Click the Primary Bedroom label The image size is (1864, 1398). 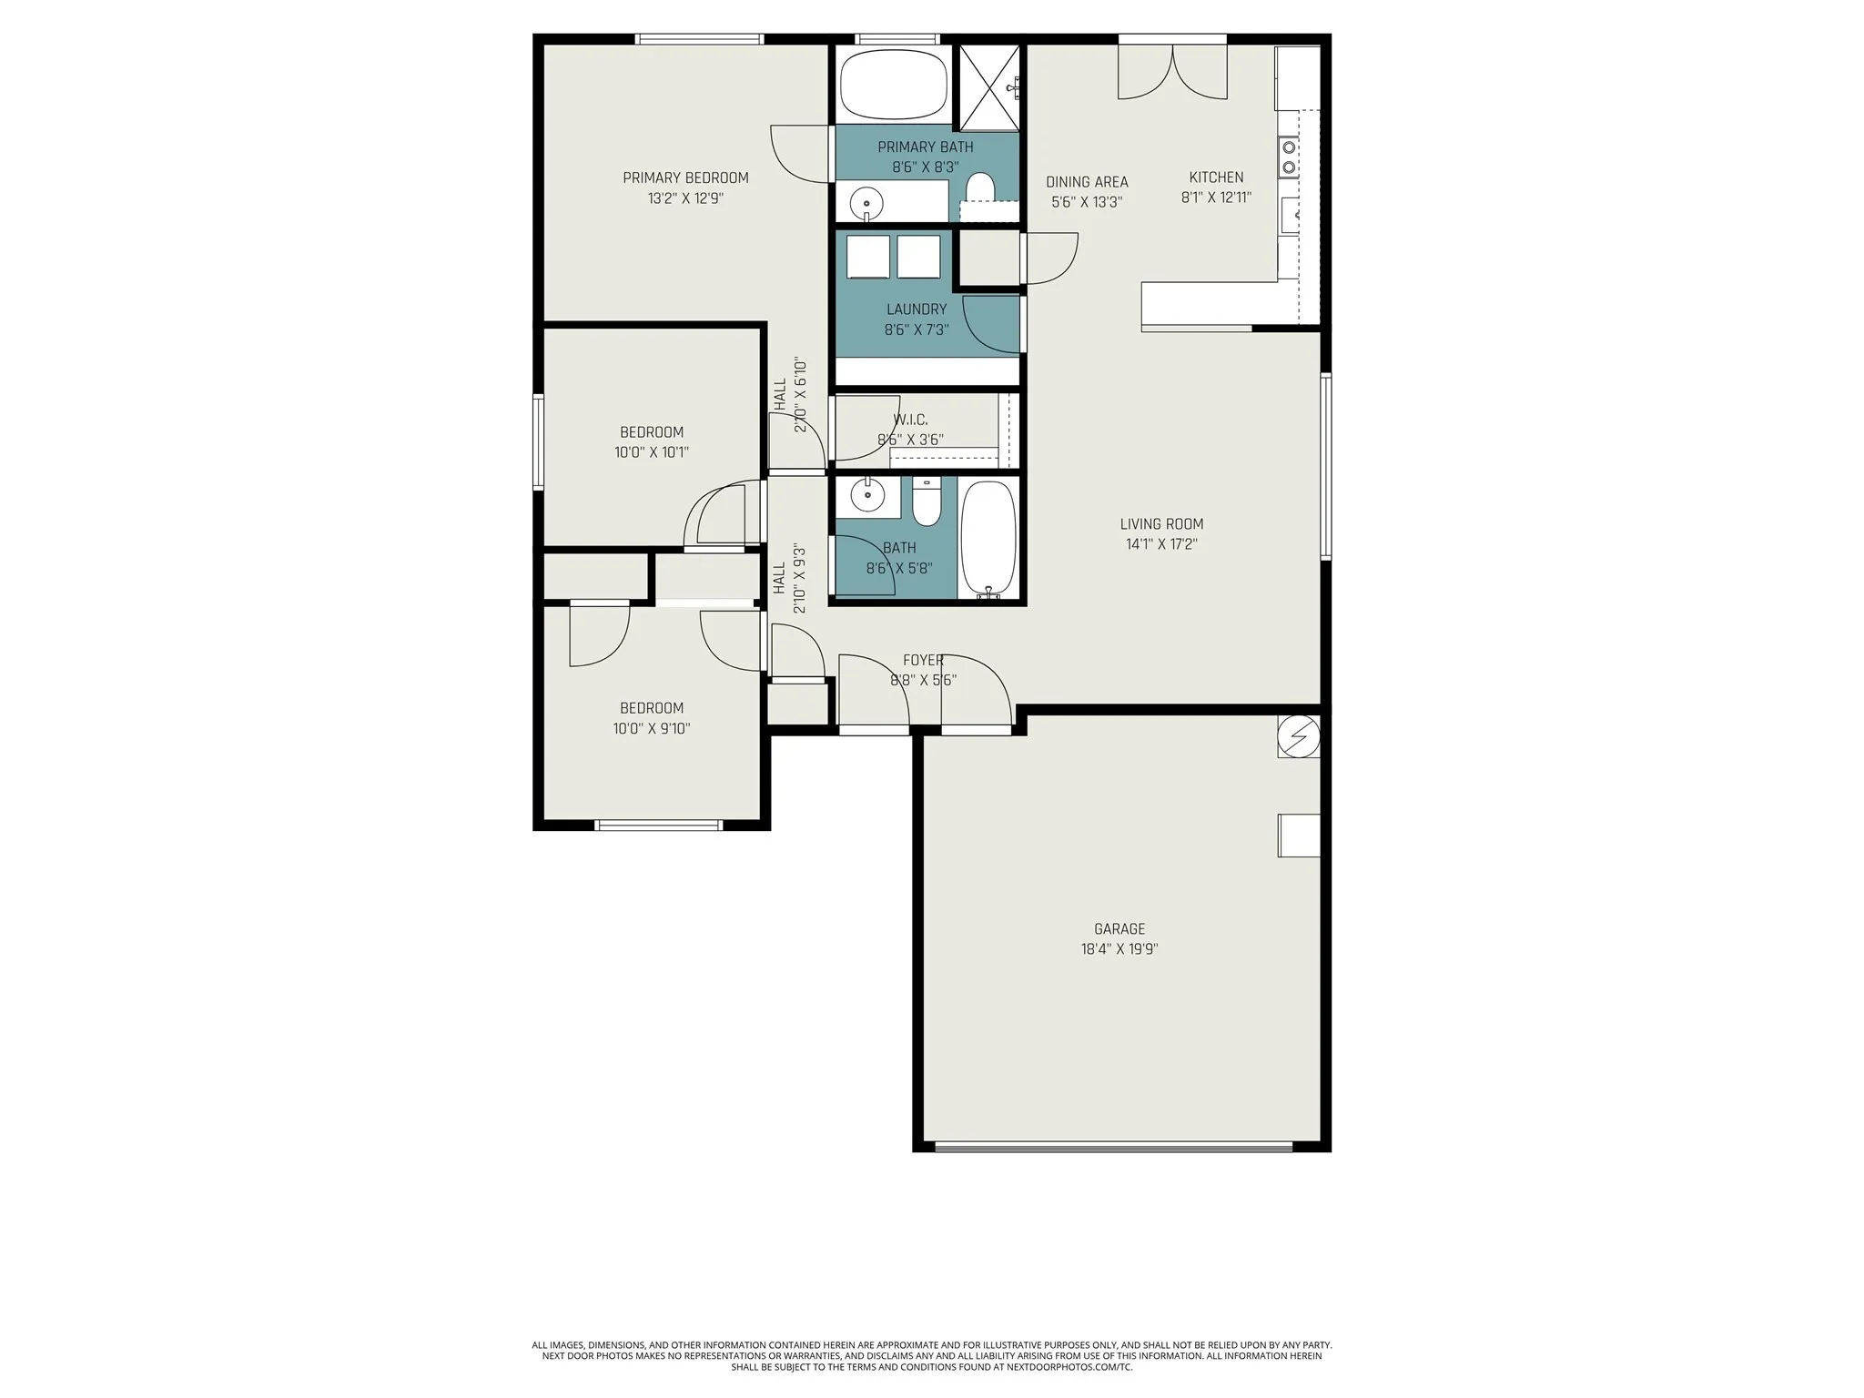685,178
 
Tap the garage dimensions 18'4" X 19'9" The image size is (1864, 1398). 1119,949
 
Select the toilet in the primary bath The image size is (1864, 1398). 979,188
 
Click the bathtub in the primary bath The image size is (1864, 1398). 893,85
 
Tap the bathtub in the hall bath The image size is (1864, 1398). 988,537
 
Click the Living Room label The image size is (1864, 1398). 1161,524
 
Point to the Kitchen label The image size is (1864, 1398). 1216,177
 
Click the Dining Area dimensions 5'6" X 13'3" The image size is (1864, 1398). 1087,202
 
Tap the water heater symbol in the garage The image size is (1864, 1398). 1298,736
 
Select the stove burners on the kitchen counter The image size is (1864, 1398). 1289,156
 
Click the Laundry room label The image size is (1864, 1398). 917,309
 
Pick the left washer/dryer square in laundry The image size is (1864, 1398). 867,257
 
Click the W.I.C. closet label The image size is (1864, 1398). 910,420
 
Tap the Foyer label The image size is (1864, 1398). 923,661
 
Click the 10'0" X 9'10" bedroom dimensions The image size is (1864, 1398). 652,728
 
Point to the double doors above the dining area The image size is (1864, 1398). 1172,73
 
